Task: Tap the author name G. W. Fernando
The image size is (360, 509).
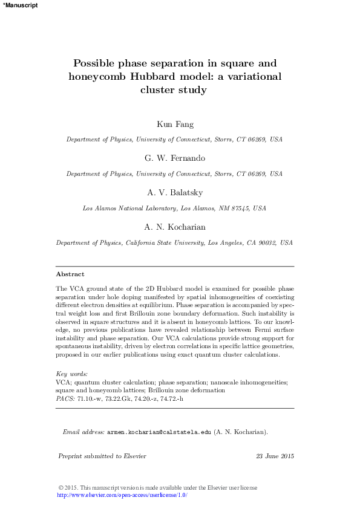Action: click(x=174, y=158)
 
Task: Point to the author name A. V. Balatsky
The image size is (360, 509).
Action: click(x=174, y=192)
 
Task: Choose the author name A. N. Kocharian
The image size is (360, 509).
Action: click(x=174, y=227)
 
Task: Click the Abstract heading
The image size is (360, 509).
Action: click(x=70, y=274)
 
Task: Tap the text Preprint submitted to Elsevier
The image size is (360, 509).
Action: click(x=102, y=456)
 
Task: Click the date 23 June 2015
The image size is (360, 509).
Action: click(x=275, y=456)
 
